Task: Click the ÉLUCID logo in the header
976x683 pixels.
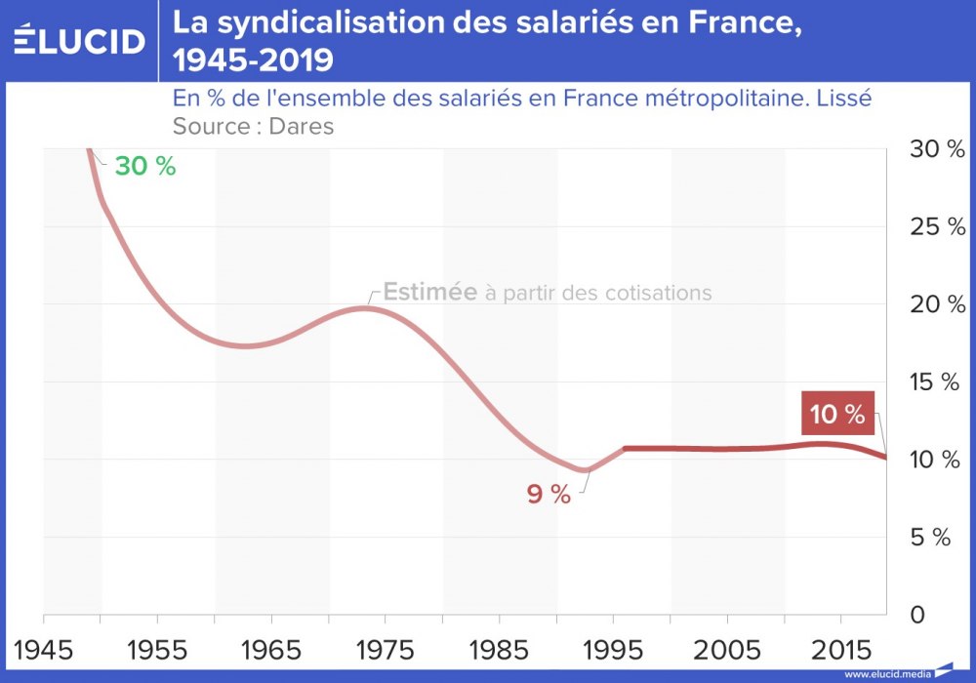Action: point(80,40)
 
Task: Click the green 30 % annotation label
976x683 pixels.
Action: point(144,166)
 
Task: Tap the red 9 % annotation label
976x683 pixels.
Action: point(548,495)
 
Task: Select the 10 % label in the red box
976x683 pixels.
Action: point(837,414)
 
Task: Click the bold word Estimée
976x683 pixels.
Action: point(429,292)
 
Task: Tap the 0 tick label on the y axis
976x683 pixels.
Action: point(917,616)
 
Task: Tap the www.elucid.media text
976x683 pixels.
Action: point(887,673)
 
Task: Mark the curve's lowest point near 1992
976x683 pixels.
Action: point(583,469)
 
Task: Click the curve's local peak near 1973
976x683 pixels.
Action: point(363,308)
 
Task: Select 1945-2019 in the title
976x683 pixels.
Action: point(253,60)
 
